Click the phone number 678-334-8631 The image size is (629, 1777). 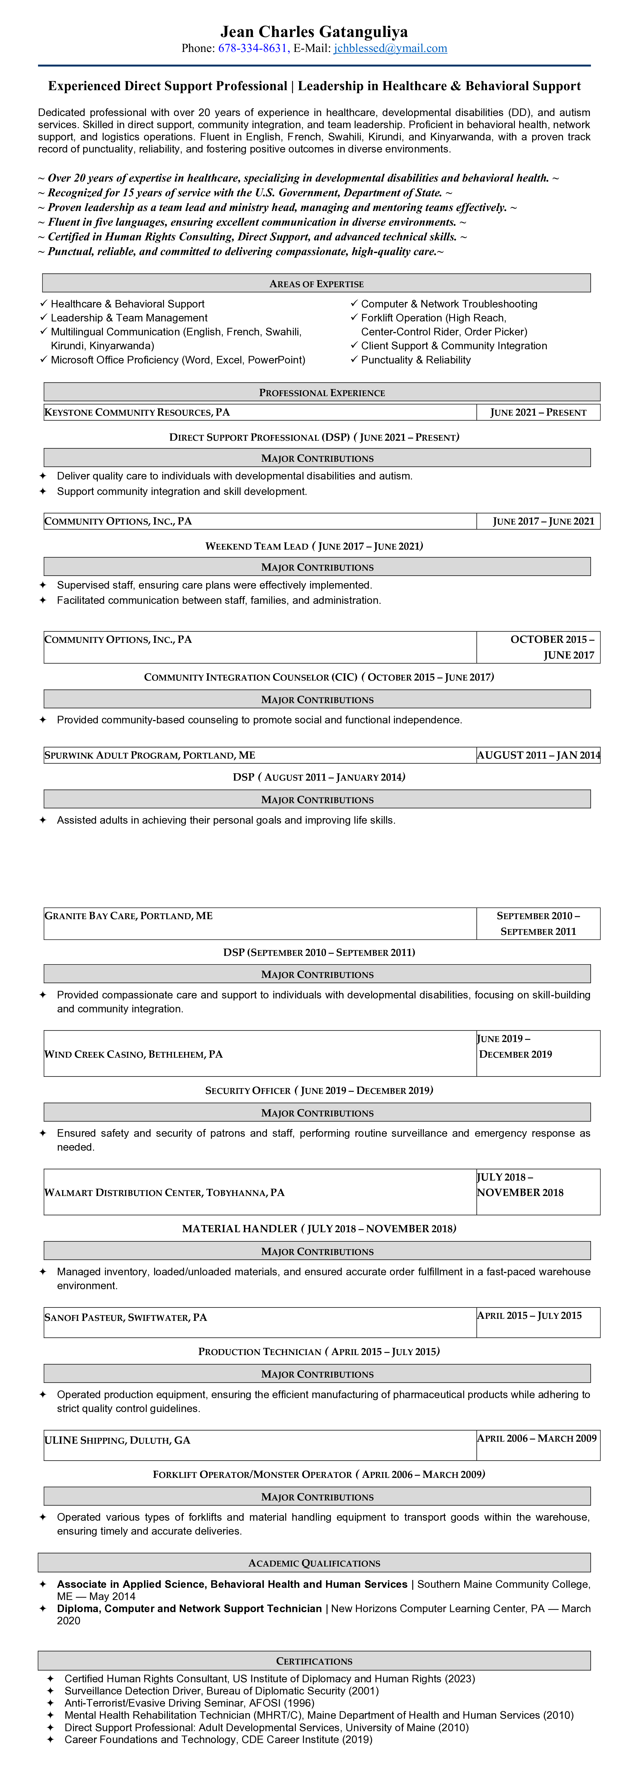(253, 48)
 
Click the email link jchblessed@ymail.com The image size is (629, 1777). (390, 48)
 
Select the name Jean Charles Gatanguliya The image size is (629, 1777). (314, 32)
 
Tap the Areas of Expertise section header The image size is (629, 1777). (316, 283)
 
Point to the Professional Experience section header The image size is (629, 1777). (322, 393)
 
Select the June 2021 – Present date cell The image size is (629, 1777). (538, 413)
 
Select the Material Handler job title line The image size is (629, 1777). (319, 1229)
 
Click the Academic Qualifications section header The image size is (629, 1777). (314, 1563)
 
